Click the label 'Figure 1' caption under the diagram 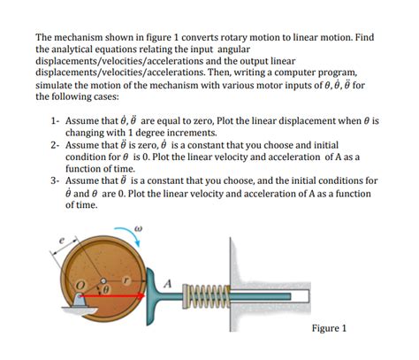330,328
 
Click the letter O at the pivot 77,285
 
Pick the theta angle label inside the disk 106,289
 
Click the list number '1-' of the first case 55,118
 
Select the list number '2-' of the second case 55,142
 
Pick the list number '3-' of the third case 55,180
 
